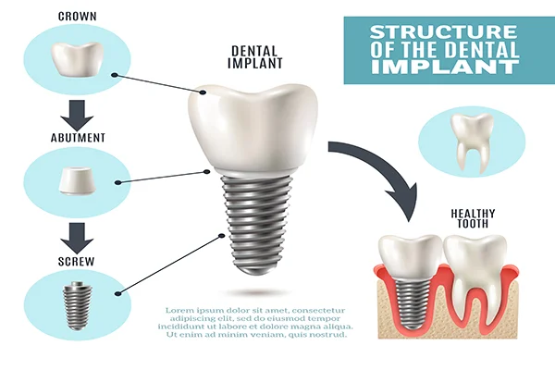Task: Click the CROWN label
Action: pos(77,17)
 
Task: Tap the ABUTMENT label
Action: pos(78,138)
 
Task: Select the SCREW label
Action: pos(77,261)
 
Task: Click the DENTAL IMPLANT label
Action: pos(255,57)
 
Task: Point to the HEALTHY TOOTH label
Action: pos(473,218)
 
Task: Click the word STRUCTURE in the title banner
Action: pos(443,31)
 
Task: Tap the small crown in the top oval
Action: pos(77,59)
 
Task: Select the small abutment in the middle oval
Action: pos(77,180)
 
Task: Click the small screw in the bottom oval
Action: pos(77,305)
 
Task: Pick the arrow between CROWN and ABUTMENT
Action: pos(77,115)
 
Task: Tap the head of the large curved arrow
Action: pos(404,201)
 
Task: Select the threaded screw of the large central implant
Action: pos(256,225)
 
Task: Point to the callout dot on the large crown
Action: pos(203,92)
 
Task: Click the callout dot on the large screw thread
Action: pos(222,236)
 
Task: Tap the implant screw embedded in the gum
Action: pos(413,303)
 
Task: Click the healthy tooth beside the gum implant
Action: pos(475,279)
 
